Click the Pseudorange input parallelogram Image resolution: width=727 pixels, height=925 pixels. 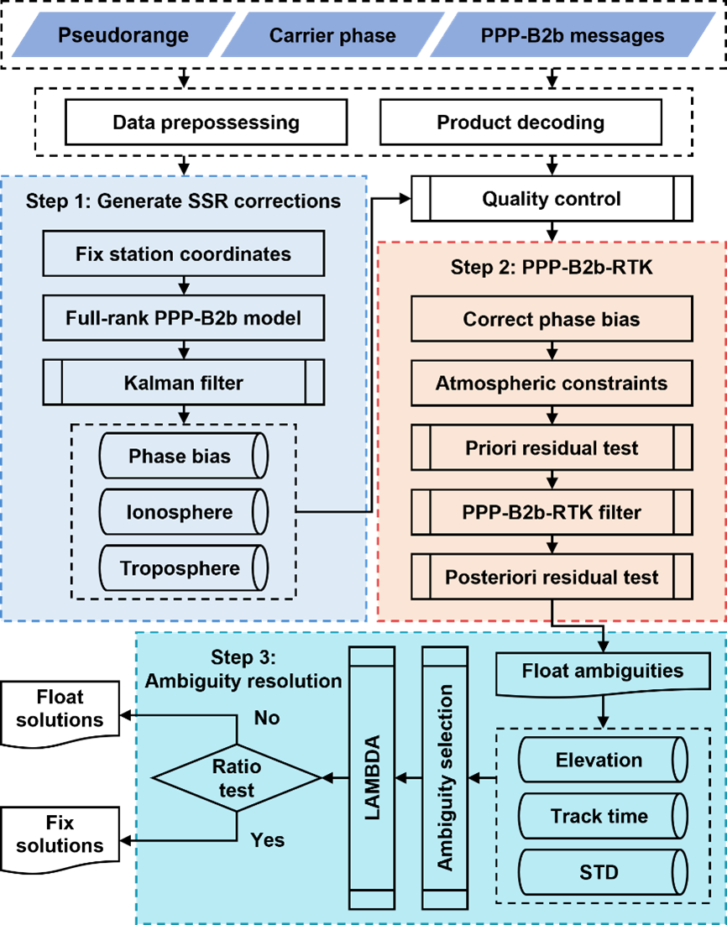point(123,35)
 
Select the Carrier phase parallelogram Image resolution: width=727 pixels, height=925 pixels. point(332,35)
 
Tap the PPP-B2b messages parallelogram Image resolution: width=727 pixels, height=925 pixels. point(572,35)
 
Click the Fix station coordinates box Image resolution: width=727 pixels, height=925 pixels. point(183,253)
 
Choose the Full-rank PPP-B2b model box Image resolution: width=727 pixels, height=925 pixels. point(183,318)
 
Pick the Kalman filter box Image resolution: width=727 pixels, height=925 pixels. point(183,383)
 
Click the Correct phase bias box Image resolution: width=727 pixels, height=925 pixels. point(552,320)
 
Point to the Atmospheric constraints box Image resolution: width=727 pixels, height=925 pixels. point(552,384)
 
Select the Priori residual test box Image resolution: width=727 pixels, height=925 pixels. point(552,447)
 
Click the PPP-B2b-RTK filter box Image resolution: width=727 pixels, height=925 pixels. point(552,512)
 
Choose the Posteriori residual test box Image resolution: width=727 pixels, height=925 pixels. point(552,577)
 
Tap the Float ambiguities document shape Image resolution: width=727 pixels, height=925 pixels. point(602,672)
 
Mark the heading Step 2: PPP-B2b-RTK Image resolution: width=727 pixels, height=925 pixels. point(551,268)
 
